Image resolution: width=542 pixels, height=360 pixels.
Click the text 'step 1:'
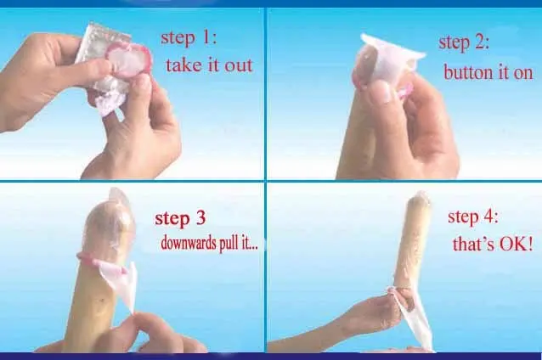click(x=189, y=38)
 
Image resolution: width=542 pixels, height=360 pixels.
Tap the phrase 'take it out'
click(x=210, y=65)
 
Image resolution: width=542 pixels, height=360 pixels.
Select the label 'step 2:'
click(x=464, y=43)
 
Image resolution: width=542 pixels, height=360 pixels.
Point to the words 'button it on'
click(x=488, y=73)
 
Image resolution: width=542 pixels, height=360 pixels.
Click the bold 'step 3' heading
click(x=180, y=218)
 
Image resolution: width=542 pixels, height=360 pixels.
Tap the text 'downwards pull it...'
click(x=210, y=244)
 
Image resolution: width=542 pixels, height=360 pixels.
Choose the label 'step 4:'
click(x=473, y=217)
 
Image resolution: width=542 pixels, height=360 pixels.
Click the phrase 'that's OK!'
click(x=493, y=245)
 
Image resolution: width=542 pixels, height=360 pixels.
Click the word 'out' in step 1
click(x=239, y=65)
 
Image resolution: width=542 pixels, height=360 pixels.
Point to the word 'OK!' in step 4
click(x=517, y=245)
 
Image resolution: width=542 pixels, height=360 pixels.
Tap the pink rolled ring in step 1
click(x=128, y=59)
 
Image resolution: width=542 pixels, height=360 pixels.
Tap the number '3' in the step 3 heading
click(x=200, y=219)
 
